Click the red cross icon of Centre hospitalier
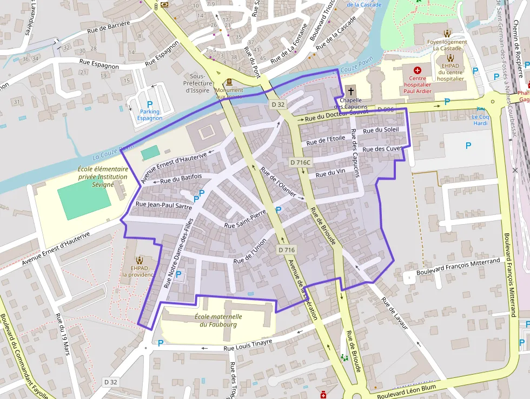coord(417,70)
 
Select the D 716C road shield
coord(300,162)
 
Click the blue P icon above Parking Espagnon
coord(150,103)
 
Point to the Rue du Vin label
coord(330,173)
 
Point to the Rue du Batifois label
coord(181,178)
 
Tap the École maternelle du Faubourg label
coord(218,320)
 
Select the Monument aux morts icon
coord(229,82)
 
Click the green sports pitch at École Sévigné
coord(84,199)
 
